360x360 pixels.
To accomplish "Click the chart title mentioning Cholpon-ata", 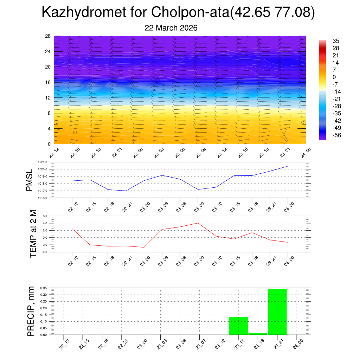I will click(178, 13).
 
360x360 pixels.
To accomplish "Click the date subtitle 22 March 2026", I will click(171, 28).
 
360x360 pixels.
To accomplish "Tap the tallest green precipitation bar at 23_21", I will click(277, 311).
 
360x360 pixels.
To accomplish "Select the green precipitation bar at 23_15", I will click(238, 326).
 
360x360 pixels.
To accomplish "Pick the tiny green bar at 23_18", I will click(258, 334).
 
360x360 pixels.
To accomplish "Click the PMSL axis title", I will click(29, 180).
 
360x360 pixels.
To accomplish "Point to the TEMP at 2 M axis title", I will click(33, 233).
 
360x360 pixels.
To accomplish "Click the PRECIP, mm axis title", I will click(31, 311).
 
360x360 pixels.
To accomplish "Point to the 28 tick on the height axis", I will click(48, 36).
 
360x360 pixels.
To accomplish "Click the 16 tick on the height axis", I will click(48, 82).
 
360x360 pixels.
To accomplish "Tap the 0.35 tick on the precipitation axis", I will click(44, 288).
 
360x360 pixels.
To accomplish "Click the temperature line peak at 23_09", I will click(198, 223).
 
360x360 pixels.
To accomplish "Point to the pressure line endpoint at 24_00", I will click(288, 166).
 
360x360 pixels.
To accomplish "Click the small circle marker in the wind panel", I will click(75, 132).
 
